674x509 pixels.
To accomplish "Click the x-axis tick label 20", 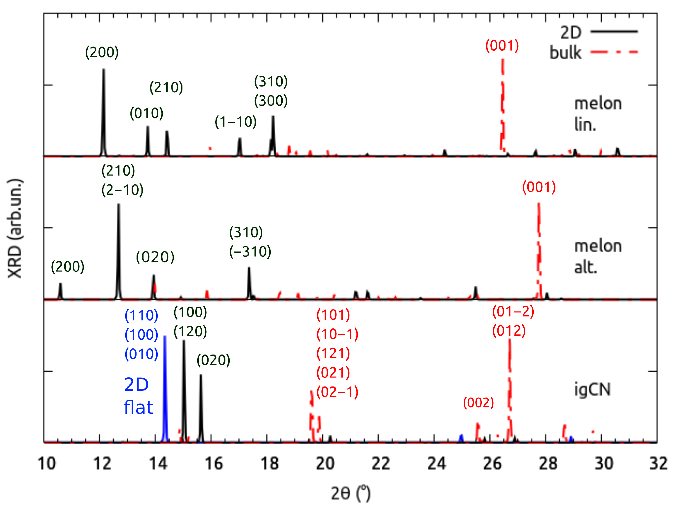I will coord(325,464).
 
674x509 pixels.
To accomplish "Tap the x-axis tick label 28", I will coord(548,464).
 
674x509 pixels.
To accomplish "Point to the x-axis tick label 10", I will coord(46,464).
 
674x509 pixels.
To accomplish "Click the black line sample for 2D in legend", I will coord(614,31).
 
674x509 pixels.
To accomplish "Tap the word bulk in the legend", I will coord(565,53).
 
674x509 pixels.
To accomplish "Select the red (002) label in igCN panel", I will coord(478,403).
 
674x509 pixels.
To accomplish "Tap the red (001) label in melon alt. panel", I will coord(539,187).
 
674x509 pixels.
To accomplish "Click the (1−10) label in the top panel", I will coord(236,122).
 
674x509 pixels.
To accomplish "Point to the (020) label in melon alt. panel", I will coord(155,257).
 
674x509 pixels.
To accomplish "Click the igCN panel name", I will coord(592,389).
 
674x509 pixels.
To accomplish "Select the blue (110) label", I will coord(141,315).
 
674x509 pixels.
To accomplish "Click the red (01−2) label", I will coord(513,312).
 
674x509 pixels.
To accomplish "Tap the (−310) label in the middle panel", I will coord(250,252).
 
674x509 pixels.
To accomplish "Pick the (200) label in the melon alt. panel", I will coord(68,267).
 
